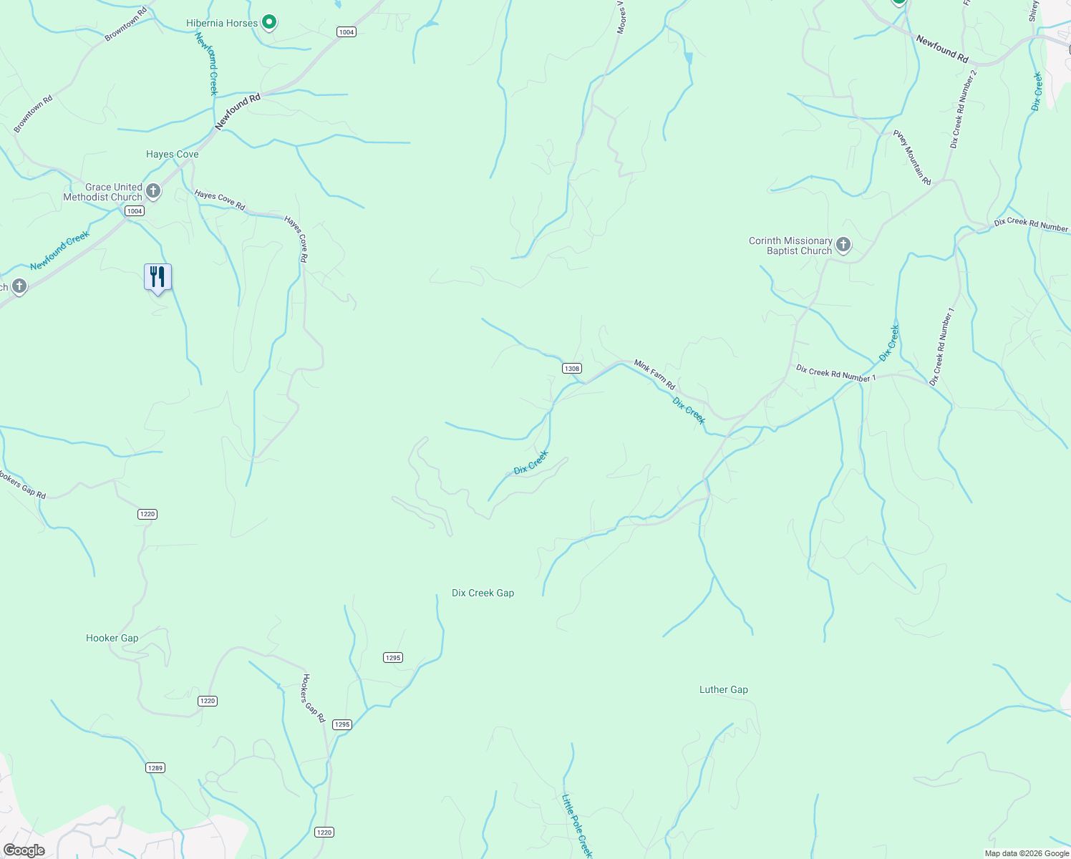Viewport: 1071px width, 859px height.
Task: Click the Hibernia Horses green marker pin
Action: (x=269, y=23)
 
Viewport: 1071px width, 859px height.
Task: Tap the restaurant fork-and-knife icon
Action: (x=157, y=277)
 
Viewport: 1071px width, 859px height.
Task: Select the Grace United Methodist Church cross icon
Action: (x=152, y=191)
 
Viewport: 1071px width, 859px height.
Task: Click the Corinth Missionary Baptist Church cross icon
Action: (x=843, y=246)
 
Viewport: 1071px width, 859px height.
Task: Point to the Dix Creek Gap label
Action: (x=483, y=593)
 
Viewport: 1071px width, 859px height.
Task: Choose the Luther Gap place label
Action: (x=723, y=690)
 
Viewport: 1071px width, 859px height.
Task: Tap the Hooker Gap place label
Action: (x=112, y=638)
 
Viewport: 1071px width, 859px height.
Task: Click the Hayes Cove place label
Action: (x=172, y=154)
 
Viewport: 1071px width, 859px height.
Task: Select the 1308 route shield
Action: (x=571, y=369)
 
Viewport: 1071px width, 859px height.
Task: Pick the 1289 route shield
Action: (x=155, y=768)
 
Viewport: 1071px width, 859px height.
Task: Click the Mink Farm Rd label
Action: (x=654, y=375)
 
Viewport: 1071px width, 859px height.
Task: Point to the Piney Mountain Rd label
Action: (x=912, y=157)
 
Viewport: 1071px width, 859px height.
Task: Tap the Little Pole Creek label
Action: (x=577, y=825)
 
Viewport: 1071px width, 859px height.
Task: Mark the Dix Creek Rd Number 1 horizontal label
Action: (x=835, y=373)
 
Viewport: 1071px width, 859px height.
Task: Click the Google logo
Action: (x=24, y=850)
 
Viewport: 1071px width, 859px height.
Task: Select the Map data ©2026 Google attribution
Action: (x=1027, y=853)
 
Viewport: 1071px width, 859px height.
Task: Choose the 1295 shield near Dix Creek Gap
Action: (x=393, y=658)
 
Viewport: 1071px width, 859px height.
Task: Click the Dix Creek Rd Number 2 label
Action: (x=963, y=109)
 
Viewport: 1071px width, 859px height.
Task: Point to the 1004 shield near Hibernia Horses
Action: (x=346, y=32)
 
